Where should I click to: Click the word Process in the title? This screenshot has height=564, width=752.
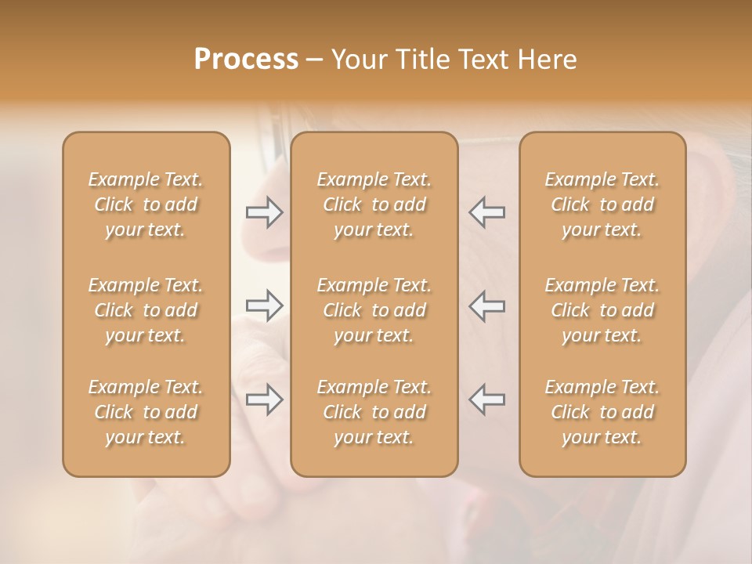click(246, 60)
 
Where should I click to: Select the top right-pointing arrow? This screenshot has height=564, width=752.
click(265, 212)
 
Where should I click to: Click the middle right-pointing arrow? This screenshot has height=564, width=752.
click(265, 305)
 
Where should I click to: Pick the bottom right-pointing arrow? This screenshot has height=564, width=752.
click(265, 399)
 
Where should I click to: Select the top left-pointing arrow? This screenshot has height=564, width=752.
click(486, 212)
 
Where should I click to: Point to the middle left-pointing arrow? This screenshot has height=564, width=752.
click(486, 305)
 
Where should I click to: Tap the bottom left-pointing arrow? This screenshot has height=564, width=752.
click(486, 399)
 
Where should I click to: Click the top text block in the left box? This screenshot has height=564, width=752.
click(146, 204)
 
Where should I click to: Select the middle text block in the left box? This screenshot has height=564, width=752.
click(146, 310)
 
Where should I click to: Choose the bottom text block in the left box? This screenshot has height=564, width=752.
click(146, 412)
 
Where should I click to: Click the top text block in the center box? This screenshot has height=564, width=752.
click(374, 204)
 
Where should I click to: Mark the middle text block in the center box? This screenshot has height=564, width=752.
click(374, 310)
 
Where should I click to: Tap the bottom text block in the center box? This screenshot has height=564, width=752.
click(374, 412)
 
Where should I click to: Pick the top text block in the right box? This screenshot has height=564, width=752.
click(602, 204)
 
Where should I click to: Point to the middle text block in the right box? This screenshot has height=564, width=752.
click(602, 310)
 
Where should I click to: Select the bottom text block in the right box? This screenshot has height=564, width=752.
click(602, 412)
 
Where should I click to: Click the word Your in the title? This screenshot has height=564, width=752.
click(356, 60)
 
